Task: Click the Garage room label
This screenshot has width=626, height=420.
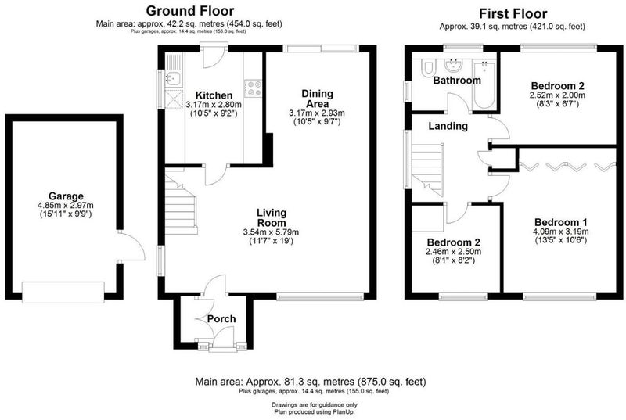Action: point(66,196)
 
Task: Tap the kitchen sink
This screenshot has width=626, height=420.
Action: point(174,79)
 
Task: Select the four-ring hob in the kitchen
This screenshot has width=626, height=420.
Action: point(253,88)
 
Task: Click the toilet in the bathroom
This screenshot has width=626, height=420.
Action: point(428,67)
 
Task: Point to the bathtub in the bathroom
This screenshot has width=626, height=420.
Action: point(484,85)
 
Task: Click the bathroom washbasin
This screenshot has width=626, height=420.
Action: point(454,65)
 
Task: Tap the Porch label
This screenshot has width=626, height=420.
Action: point(221,318)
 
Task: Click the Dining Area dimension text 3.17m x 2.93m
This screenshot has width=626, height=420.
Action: point(317,113)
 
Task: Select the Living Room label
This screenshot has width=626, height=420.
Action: point(271,217)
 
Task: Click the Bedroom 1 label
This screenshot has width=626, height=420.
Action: point(561,223)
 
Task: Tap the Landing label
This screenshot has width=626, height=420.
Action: point(448,126)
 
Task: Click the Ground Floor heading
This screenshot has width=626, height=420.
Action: point(190,11)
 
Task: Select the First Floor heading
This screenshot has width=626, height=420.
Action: point(513,13)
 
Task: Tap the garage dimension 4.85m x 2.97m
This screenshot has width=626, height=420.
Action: point(66,206)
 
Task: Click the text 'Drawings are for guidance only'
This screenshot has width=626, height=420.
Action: point(315,405)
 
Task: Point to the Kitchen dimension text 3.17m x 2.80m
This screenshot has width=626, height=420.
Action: point(214,105)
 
